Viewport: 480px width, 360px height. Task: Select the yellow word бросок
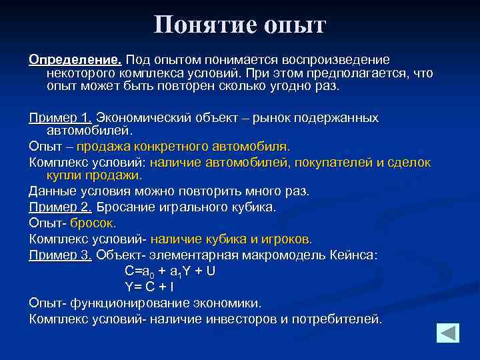(x=93, y=223)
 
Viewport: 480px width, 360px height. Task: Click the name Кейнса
(x=353, y=255)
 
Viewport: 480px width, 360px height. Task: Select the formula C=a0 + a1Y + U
(x=169, y=271)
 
